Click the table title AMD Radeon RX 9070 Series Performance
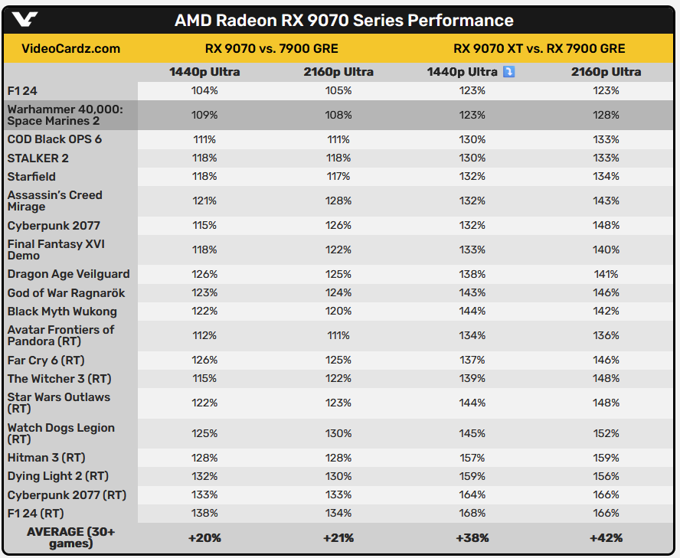pos(344,21)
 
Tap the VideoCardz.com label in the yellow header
pos(71,49)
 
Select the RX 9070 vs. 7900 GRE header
pos(272,49)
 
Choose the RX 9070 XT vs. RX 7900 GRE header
pos(539,49)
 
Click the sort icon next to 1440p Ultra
pos(508,72)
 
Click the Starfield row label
pos(32,176)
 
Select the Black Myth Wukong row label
pos(62,312)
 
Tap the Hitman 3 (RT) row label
pos(46,458)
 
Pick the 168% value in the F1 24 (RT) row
pos(472,513)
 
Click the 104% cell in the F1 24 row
pos(204,90)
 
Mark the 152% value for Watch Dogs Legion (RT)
pos(606,433)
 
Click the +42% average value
pos(606,538)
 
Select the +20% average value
pos(204,538)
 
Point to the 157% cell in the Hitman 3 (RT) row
pos(472,458)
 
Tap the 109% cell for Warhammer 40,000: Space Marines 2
pos(204,115)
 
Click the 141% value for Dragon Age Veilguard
pos(606,274)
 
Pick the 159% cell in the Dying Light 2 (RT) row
pos(472,476)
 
